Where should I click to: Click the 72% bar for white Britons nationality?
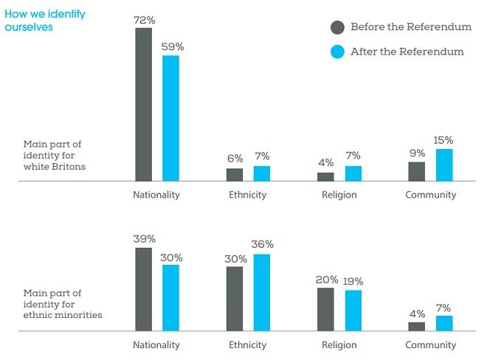click(x=143, y=104)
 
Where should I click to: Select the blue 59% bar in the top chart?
click(x=170, y=118)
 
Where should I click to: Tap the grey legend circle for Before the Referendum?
click(x=337, y=27)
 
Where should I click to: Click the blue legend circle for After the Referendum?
click(x=337, y=52)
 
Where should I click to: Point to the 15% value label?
click(x=443, y=140)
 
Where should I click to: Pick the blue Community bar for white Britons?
click(x=443, y=165)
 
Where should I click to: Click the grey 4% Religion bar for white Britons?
click(x=325, y=176)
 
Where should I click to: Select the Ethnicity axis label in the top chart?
click(x=247, y=195)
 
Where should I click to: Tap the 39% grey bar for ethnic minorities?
click(x=143, y=289)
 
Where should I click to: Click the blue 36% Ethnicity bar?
click(x=261, y=292)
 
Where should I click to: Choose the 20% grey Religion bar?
click(x=325, y=309)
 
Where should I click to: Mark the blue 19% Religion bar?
click(x=353, y=311)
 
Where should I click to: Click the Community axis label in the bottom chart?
click(x=431, y=345)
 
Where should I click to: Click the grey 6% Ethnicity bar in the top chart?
click(x=234, y=174)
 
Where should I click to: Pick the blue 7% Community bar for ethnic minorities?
click(x=443, y=323)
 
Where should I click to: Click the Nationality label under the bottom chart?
click(x=156, y=345)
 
